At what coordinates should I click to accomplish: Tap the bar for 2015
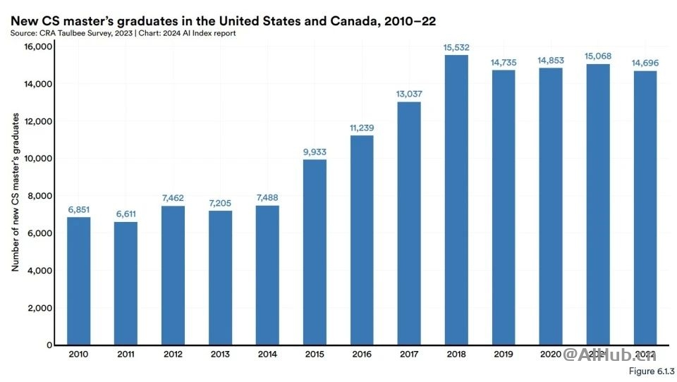(x=315, y=252)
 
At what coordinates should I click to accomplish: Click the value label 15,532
(x=456, y=47)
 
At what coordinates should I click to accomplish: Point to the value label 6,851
(x=78, y=209)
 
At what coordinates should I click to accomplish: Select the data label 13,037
(x=409, y=94)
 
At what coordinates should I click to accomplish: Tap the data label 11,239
(x=362, y=128)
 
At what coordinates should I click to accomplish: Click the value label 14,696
(x=645, y=63)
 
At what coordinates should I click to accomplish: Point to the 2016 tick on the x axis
(x=362, y=354)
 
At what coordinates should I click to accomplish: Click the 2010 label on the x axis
(x=78, y=354)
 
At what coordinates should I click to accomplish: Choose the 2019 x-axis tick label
(x=504, y=354)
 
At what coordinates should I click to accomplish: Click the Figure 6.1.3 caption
(x=650, y=371)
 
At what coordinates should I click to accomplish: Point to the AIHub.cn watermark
(x=612, y=355)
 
